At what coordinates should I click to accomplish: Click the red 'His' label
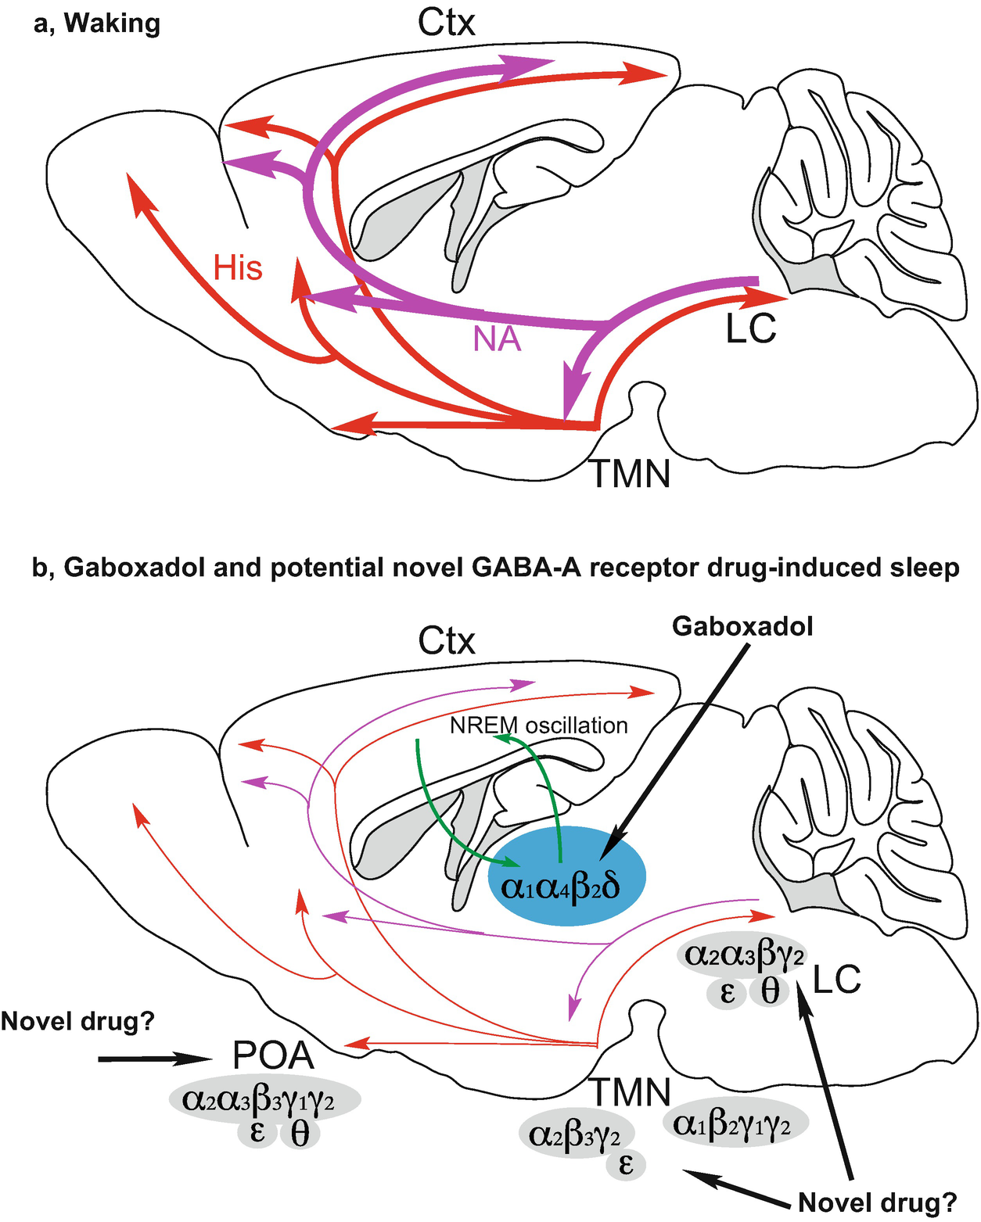pyautogui.click(x=238, y=268)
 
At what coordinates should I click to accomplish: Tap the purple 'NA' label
pyautogui.click(x=497, y=339)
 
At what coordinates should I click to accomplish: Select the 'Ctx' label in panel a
pyautogui.click(x=446, y=23)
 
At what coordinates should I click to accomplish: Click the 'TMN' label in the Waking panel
pyautogui.click(x=630, y=473)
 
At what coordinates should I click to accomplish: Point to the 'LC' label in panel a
pyautogui.click(x=750, y=329)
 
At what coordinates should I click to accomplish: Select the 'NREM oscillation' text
pyautogui.click(x=539, y=725)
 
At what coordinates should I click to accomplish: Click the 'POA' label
pyautogui.click(x=273, y=1055)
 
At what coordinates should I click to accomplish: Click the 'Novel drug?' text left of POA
pyautogui.click(x=77, y=1021)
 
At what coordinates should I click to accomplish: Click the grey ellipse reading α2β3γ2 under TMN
pyautogui.click(x=575, y=1134)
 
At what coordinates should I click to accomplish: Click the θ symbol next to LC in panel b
pyautogui.click(x=770, y=991)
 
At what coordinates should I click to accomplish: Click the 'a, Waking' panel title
pyautogui.click(x=97, y=23)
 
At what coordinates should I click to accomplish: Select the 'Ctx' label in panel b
pyautogui.click(x=446, y=641)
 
